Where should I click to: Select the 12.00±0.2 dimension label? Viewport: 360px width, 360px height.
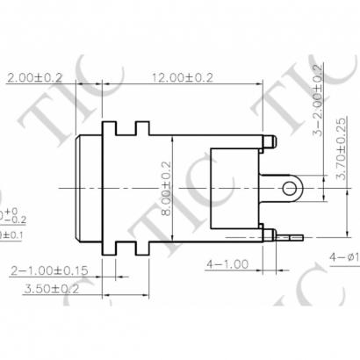(x=182, y=77)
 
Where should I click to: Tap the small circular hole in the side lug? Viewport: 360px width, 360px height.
(x=289, y=188)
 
